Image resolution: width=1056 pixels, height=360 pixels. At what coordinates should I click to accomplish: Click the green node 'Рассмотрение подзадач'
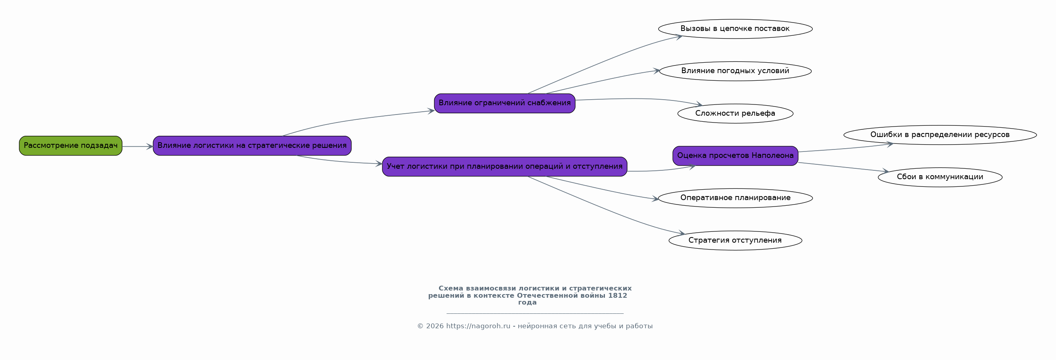click(71, 145)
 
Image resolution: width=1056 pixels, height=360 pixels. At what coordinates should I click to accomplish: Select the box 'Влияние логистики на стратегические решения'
click(252, 145)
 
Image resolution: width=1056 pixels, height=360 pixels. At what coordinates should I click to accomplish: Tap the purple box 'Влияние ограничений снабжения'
click(505, 103)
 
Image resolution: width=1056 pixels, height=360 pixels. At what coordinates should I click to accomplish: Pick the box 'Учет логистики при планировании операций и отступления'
click(505, 166)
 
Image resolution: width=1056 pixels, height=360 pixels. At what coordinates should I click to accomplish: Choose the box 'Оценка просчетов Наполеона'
click(735, 156)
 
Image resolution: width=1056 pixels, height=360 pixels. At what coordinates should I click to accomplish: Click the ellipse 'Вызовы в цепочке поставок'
click(735, 29)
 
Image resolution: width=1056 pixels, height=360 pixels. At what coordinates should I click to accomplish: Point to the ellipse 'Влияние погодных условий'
click(735, 71)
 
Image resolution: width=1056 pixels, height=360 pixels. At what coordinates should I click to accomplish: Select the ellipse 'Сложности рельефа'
click(735, 114)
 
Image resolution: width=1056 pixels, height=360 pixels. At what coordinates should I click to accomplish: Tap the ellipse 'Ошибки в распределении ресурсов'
click(940, 135)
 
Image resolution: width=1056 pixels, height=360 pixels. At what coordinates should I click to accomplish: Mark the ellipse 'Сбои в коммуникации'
click(940, 177)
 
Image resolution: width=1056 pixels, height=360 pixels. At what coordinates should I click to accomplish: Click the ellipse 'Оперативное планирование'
click(735, 198)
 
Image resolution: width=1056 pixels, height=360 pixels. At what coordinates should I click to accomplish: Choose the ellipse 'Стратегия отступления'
click(735, 240)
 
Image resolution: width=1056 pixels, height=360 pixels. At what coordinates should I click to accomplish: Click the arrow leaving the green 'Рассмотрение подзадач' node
click(138, 146)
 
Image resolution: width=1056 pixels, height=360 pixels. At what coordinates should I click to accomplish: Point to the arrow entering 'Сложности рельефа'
click(639, 99)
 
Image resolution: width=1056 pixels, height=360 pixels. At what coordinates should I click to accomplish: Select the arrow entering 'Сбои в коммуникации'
click(844, 167)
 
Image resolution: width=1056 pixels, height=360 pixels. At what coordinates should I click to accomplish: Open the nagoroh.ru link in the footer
click(478, 326)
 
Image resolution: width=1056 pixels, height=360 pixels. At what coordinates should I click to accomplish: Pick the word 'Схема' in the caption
click(451, 288)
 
